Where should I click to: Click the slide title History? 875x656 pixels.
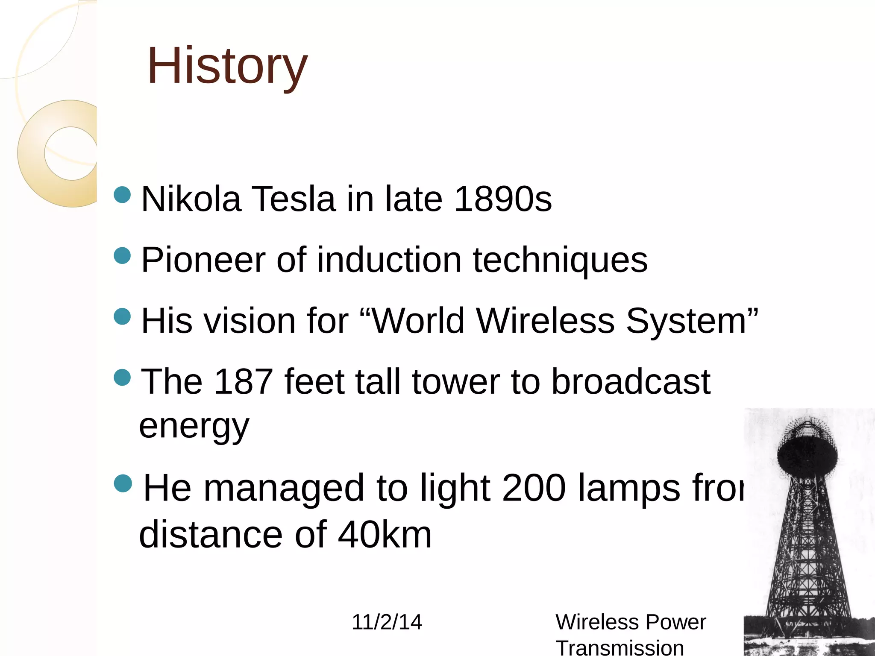[227, 66]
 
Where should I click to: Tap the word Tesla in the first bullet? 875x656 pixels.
[293, 199]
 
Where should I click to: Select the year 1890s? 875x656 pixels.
[502, 199]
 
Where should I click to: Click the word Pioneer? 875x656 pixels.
[203, 260]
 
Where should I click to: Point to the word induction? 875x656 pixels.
[389, 260]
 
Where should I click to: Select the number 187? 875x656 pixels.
[243, 381]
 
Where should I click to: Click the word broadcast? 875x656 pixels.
[631, 381]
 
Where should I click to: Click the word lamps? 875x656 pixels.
[628, 489]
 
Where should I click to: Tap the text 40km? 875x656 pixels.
[385, 535]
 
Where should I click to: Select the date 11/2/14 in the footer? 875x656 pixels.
[387, 622]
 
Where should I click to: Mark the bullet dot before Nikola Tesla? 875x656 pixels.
[123, 195]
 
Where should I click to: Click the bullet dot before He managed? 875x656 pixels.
[123, 483]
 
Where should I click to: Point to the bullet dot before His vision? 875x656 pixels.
[123, 316]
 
